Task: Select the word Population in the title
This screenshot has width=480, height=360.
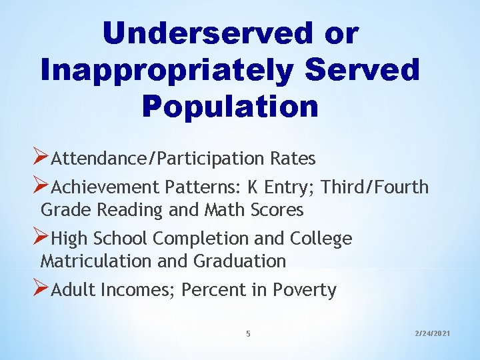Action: click(230, 106)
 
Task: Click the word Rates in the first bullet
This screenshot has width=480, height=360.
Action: click(293, 159)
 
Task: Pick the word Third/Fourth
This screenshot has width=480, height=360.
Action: click(375, 187)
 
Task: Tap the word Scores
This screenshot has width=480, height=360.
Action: click(277, 210)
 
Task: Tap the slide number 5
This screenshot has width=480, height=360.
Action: click(248, 333)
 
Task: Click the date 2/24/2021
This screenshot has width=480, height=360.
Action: click(432, 331)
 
